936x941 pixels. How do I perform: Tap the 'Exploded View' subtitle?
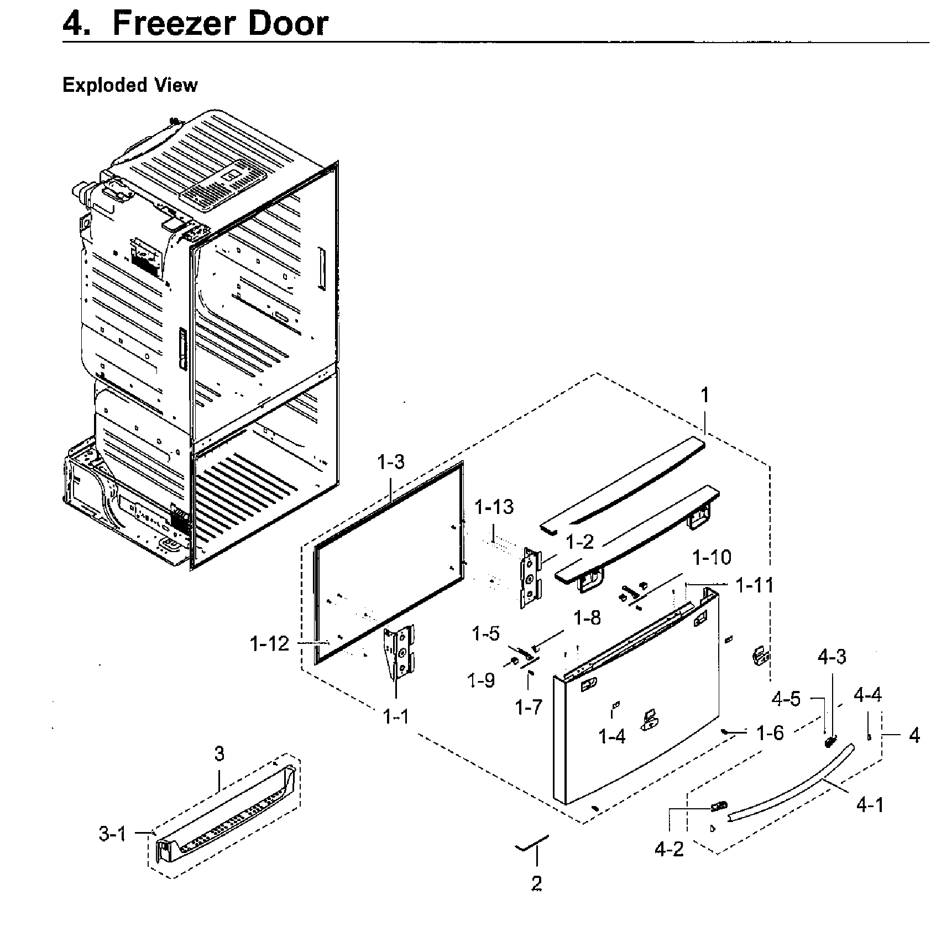click(130, 85)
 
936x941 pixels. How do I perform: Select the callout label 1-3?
click(391, 461)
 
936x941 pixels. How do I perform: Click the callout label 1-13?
click(494, 507)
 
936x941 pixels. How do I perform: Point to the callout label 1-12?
click(269, 643)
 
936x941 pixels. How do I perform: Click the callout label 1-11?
click(755, 585)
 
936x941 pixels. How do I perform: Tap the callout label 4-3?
click(832, 657)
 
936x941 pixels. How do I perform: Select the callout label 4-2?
click(670, 849)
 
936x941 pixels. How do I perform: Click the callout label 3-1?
click(113, 834)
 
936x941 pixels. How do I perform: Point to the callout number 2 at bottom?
click(536, 883)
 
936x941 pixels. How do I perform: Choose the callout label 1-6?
click(770, 733)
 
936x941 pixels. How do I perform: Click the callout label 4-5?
click(786, 698)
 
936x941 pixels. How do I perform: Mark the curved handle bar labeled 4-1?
click(796, 785)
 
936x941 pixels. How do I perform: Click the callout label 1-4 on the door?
click(613, 736)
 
